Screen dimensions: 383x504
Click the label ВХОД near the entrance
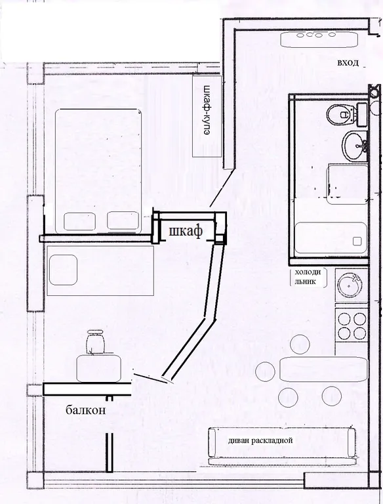(x=348, y=63)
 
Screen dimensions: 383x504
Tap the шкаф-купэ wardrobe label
(x=207, y=110)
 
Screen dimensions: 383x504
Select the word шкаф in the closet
(x=186, y=231)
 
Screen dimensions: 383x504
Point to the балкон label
(x=86, y=409)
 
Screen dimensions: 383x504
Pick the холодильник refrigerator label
(x=308, y=277)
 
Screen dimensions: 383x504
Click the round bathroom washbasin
(x=355, y=146)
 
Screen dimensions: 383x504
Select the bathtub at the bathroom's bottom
(x=331, y=238)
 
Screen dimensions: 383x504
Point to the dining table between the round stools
(x=323, y=369)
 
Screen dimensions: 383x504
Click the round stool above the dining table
(x=300, y=344)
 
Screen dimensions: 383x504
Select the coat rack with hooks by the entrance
(x=319, y=39)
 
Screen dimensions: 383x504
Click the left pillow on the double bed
(x=80, y=221)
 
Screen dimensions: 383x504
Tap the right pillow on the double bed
(x=123, y=220)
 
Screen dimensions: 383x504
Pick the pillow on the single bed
(x=64, y=270)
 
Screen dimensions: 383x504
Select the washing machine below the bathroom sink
(x=347, y=184)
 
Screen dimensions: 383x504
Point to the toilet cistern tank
(x=362, y=114)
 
